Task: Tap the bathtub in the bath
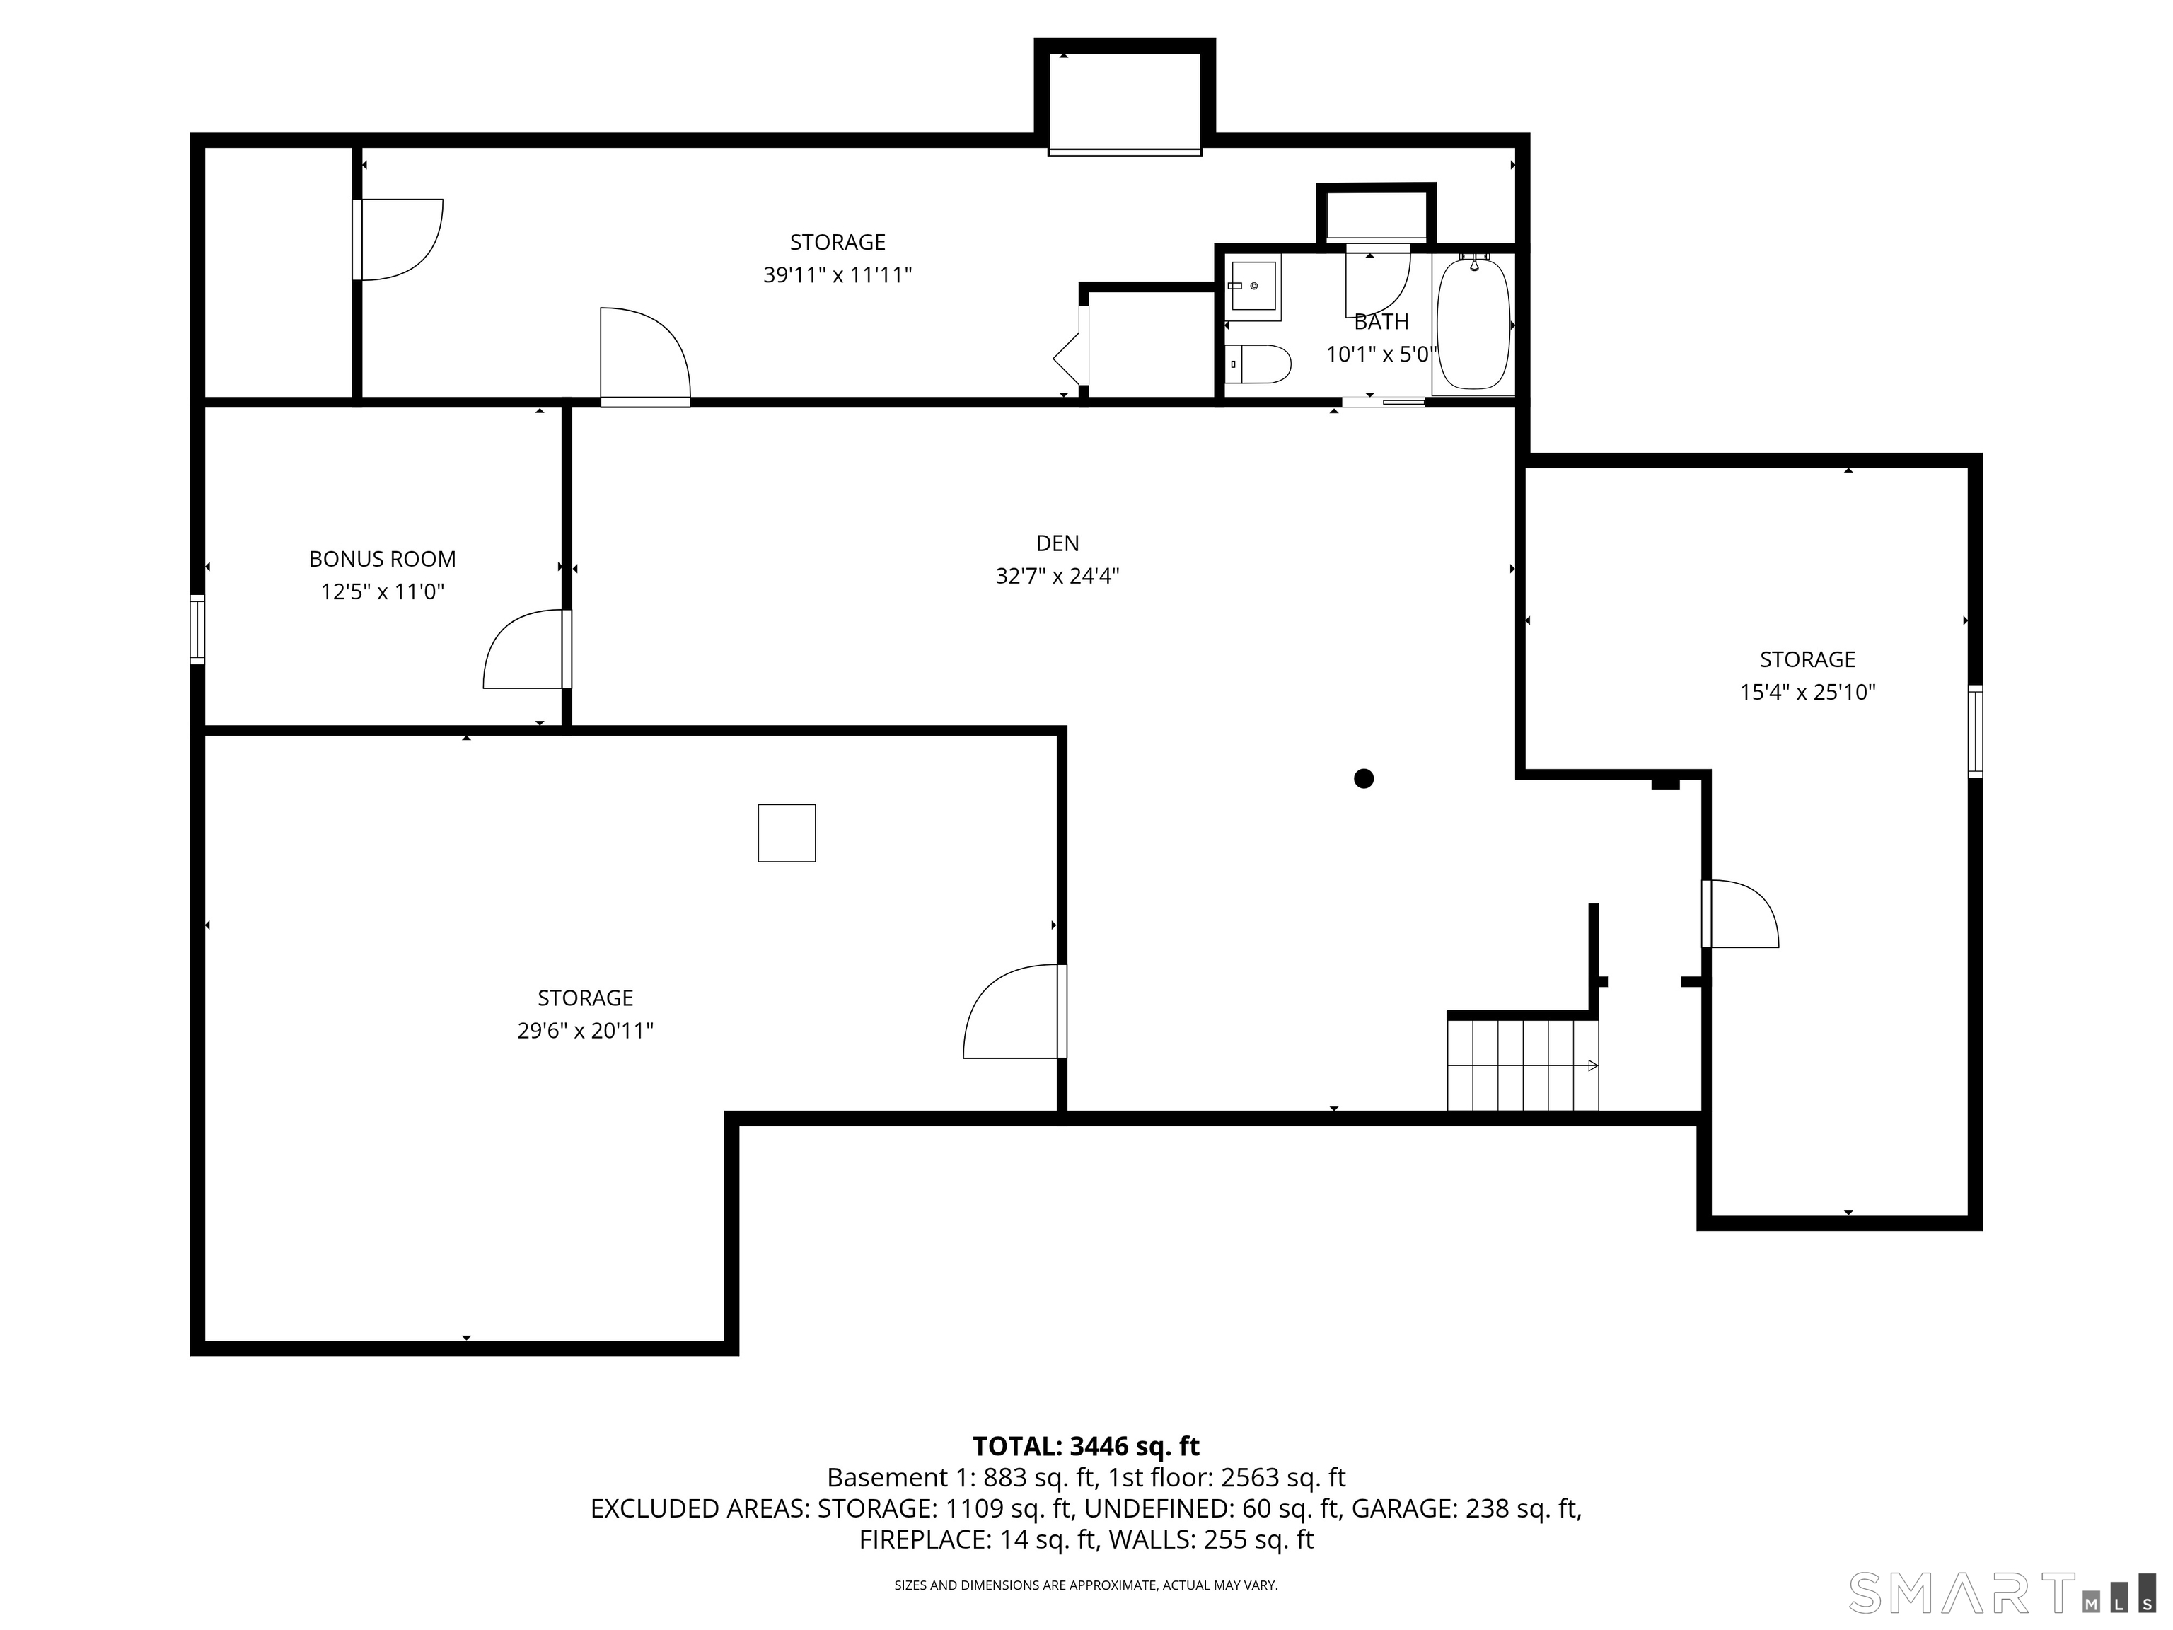click(1473, 323)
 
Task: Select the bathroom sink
click(1254, 286)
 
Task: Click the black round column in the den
click(1364, 779)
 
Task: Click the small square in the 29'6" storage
click(787, 833)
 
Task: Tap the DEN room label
click(1058, 543)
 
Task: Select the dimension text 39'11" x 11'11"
click(838, 275)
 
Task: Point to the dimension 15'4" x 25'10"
click(1807, 693)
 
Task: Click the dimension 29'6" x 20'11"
click(586, 1031)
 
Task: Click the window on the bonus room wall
click(197, 630)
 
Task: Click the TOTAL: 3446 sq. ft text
click(1086, 1446)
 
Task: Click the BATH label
click(1381, 321)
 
